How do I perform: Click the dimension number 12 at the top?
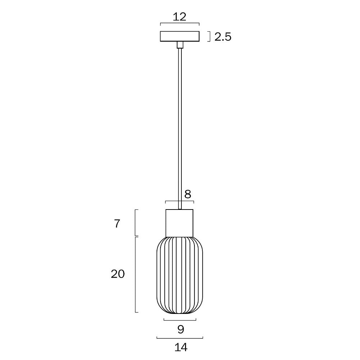tap(179, 17)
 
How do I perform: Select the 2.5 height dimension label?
tap(222, 37)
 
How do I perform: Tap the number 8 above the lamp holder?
tap(188, 194)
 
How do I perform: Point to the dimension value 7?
tap(117, 224)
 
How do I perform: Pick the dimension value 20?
tap(117, 274)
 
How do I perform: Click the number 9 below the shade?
tap(181, 329)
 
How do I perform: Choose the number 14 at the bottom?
tap(181, 347)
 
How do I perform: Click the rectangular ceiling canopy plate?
tap(180, 36)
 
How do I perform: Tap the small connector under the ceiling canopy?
tap(180, 45)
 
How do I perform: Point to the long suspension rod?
tap(180, 126)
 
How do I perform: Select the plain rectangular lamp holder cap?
tap(180, 223)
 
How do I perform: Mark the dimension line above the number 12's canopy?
tap(180, 23)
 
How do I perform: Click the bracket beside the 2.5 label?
tap(209, 37)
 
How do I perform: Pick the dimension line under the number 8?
tap(180, 201)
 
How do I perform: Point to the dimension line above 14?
tap(180, 338)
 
